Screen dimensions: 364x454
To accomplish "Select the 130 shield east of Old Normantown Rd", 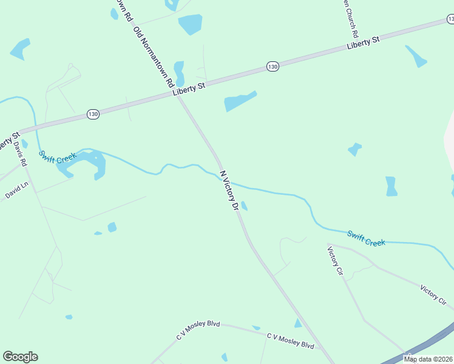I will [273, 66].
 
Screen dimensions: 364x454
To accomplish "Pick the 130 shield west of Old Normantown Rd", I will [92, 114].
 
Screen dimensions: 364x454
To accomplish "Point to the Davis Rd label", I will [21, 155].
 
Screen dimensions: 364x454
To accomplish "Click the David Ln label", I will [16, 192].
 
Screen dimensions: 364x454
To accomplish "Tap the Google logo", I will [20, 357].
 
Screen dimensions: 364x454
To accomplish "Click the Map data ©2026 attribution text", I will [429, 359].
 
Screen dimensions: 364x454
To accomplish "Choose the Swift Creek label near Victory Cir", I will [366, 238].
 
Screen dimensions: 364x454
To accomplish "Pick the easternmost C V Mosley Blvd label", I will [291, 340].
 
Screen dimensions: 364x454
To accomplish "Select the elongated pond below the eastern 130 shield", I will [240, 102].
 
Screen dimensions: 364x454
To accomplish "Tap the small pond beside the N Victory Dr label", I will [244, 206].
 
